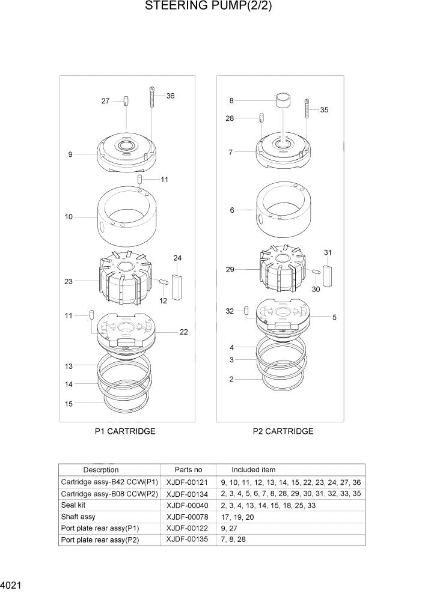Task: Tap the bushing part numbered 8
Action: pos(283,100)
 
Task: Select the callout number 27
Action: pos(105,101)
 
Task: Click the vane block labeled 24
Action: pos(177,286)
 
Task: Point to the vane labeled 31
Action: pos(327,275)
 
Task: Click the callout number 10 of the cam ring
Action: pos(69,216)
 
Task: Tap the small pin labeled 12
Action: pos(164,281)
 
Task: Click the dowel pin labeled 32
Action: pos(246,310)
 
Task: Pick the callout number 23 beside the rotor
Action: pos(69,281)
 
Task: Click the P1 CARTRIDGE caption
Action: pos(125,431)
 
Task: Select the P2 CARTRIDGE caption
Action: pos(283,431)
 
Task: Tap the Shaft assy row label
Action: pos(78,517)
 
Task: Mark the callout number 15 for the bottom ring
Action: pos(69,404)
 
